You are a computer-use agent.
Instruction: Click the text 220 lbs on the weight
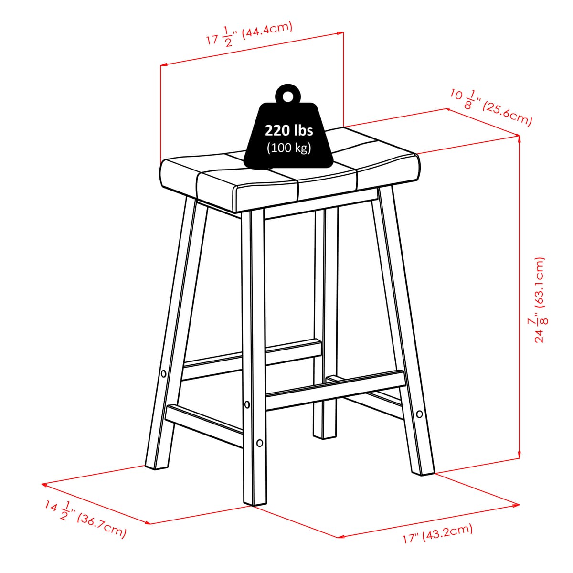pyautogui.click(x=289, y=130)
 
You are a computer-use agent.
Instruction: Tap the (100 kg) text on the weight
pyautogui.click(x=289, y=148)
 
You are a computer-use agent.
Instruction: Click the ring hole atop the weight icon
pyautogui.click(x=287, y=95)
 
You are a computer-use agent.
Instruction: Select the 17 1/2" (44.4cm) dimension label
pyautogui.click(x=249, y=33)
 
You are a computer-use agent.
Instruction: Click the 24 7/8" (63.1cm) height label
pyautogui.click(x=540, y=300)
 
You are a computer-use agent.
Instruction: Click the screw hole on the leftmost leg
pyautogui.click(x=163, y=373)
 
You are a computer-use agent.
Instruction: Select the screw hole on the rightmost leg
pyautogui.click(x=419, y=414)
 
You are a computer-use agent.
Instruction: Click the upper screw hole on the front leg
pyautogui.click(x=247, y=405)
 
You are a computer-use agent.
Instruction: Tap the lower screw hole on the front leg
pyautogui.click(x=260, y=443)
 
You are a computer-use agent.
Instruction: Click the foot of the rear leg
pyautogui.click(x=325, y=435)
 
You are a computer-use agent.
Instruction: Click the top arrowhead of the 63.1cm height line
pyautogui.click(x=519, y=139)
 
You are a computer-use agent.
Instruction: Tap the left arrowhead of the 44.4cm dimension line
pyautogui.click(x=163, y=64)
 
